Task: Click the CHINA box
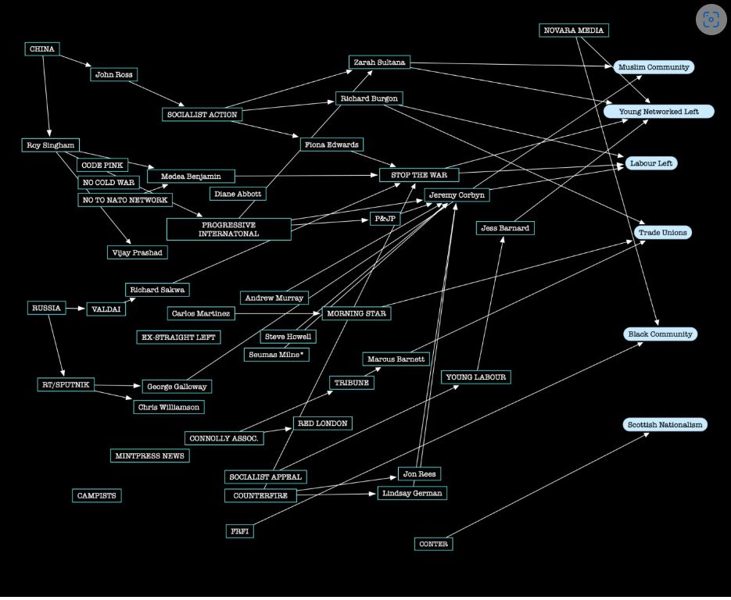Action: tap(42, 49)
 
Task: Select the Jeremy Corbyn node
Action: tap(457, 195)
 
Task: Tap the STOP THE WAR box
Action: tap(419, 175)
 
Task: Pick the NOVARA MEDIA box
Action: tap(574, 30)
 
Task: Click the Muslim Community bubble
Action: tap(654, 67)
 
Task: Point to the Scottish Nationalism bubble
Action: tap(665, 425)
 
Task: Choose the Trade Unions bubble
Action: tap(663, 233)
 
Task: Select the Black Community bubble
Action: tap(661, 334)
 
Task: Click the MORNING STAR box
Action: tap(356, 313)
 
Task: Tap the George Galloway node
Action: tap(177, 386)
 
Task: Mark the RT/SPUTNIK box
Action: tap(66, 384)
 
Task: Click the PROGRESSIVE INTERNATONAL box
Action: tap(228, 230)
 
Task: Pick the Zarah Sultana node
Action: tap(379, 62)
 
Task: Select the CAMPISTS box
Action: tap(97, 495)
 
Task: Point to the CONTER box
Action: tap(433, 544)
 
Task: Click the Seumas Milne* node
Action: tap(277, 355)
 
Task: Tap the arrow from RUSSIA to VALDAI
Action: tap(75, 309)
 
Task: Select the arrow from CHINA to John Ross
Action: tap(75, 62)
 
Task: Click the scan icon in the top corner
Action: tap(711, 20)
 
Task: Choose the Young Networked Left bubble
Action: tap(659, 112)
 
